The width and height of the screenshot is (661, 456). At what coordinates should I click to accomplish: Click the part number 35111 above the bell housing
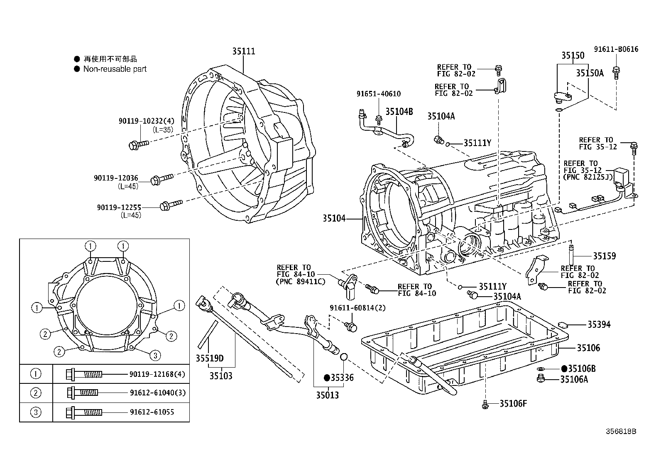(243, 51)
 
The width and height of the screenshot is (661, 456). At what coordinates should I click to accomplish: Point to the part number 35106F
(513, 403)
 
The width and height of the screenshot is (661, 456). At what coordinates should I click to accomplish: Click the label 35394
(599, 324)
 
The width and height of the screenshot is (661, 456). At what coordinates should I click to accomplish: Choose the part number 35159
(604, 256)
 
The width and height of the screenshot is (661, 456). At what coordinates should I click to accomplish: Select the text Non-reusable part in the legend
(115, 69)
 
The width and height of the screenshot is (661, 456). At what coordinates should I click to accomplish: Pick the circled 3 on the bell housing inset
(155, 355)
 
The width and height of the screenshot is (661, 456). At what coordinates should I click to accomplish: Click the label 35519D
(210, 358)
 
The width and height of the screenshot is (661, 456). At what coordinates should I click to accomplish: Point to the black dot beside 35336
(327, 378)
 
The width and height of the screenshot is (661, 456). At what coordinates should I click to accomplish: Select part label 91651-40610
(378, 94)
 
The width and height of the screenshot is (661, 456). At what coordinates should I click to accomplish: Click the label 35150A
(590, 73)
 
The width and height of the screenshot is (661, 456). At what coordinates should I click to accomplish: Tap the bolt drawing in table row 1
(83, 374)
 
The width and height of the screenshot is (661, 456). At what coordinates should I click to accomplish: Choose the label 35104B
(399, 111)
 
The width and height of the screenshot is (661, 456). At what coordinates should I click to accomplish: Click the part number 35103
(220, 376)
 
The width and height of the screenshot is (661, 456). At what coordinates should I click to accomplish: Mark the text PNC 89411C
(301, 281)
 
